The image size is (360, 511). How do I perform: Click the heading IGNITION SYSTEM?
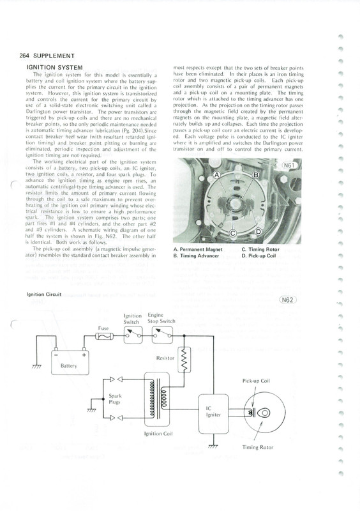[54, 68]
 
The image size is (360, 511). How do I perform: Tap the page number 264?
[24, 56]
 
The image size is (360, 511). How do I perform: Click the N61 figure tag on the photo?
[289, 165]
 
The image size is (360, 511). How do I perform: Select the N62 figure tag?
[288, 300]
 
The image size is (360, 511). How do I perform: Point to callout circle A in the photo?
[216, 175]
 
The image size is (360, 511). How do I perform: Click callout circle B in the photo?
[256, 175]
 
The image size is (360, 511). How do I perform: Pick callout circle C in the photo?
[233, 233]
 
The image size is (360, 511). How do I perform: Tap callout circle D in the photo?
[258, 232]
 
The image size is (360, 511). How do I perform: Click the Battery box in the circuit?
[70, 362]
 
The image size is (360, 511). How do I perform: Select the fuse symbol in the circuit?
[104, 336]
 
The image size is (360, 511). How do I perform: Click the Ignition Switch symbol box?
[133, 335]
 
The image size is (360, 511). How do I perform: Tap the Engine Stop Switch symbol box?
[163, 335]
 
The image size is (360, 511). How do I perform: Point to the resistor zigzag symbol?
[184, 360]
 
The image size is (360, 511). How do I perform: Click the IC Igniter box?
[213, 413]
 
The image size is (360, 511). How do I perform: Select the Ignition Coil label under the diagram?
[158, 434]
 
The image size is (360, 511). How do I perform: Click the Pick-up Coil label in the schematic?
[256, 381]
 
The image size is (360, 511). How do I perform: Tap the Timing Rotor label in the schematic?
[257, 448]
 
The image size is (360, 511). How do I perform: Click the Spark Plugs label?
[115, 399]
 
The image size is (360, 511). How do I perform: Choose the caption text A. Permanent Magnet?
[198, 250]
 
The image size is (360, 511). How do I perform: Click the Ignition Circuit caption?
[43, 294]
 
